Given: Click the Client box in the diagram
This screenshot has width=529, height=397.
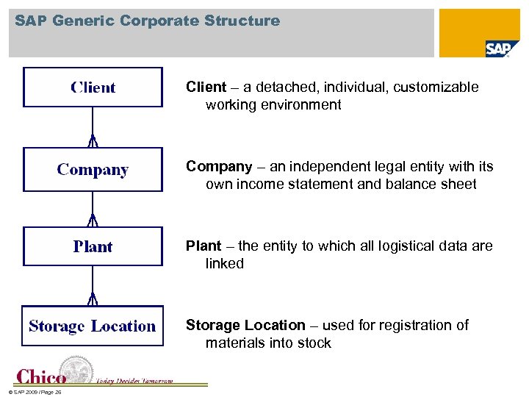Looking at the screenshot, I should pyautogui.click(x=93, y=87).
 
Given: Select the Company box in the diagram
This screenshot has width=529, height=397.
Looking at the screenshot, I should pyautogui.click(x=93, y=170).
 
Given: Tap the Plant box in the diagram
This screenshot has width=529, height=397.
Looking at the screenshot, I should pyautogui.click(x=93, y=246).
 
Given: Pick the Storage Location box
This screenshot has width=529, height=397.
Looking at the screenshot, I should pyautogui.click(x=92, y=326).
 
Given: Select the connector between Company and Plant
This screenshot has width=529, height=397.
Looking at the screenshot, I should pyautogui.click(x=93, y=210).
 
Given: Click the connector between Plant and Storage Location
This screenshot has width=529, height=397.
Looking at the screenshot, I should pyautogui.click(x=93, y=285).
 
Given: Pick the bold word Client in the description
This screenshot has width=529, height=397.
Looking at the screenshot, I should pyautogui.click(x=206, y=87).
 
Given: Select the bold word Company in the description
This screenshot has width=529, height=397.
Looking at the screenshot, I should pyautogui.click(x=219, y=167).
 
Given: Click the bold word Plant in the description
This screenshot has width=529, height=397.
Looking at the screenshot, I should pyautogui.click(x=204, y=246).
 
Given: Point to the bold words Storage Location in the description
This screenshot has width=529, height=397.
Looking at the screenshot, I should pyautogui.click(x=245, y=325).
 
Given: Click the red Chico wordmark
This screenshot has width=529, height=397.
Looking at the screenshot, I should pyautogui.click(x=41, y=376).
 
